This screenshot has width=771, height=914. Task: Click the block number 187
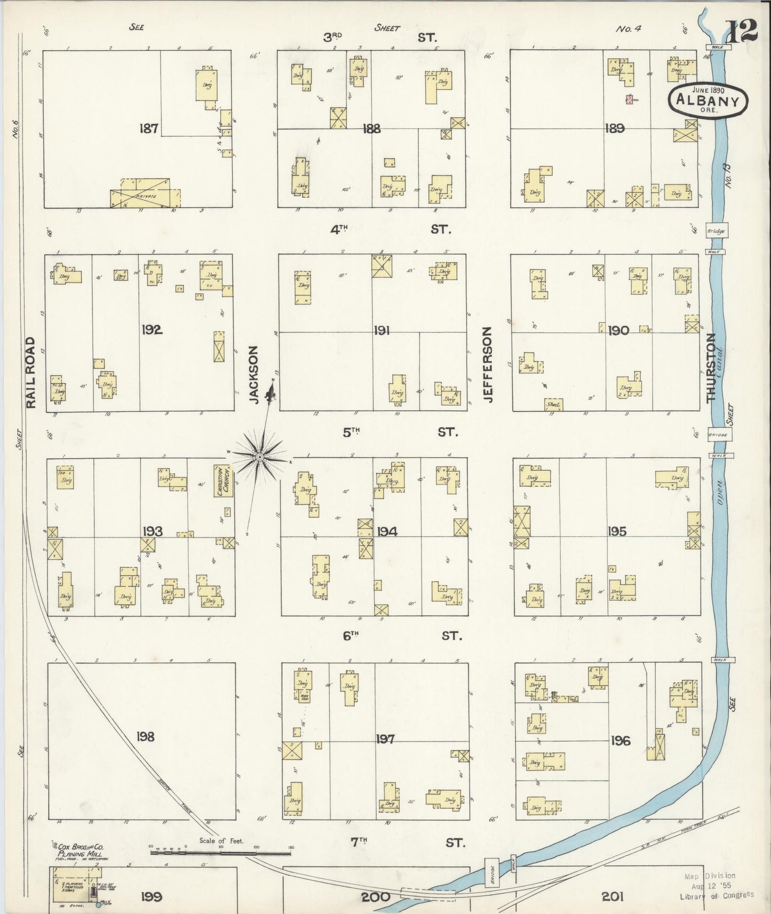coord(148,128)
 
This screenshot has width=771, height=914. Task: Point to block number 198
coord(145,736)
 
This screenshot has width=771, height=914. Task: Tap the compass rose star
coord(259,457)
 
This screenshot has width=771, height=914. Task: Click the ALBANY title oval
coord(708,100)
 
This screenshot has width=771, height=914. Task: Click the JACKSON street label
coord(254,374)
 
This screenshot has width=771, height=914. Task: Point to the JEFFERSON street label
coord(487,365)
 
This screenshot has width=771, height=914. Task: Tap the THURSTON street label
coord(710,367)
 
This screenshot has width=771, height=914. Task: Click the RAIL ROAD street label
coord(31,373)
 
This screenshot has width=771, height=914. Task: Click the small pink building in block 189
coord(630,99)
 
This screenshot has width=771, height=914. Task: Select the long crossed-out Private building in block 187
coord(144,194)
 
